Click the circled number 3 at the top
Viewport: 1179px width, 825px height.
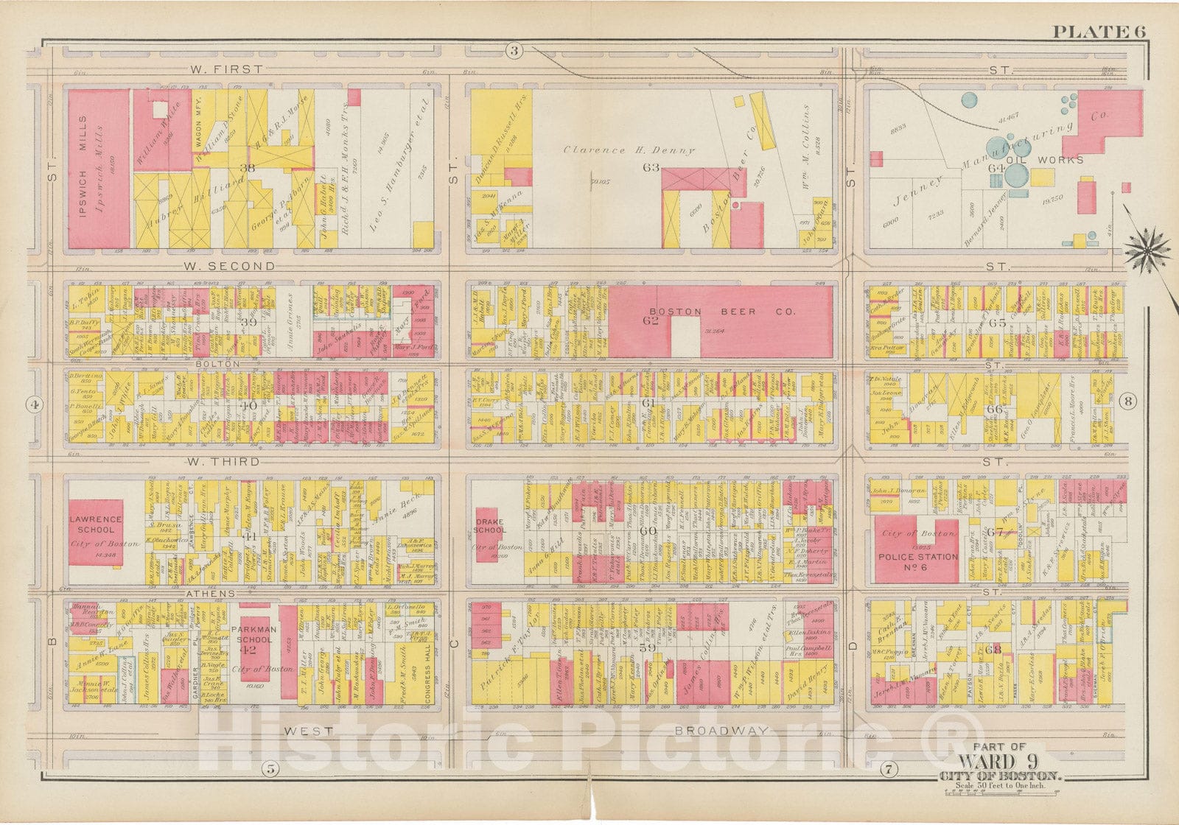click(x=514, y=50)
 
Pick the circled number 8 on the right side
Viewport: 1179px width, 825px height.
click(x=1128, y=401)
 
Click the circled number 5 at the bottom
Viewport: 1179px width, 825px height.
click(x=270, y=769)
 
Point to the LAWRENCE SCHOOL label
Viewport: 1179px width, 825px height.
click(x=96, y=524)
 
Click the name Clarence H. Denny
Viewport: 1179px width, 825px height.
click(x=629, y=150)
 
